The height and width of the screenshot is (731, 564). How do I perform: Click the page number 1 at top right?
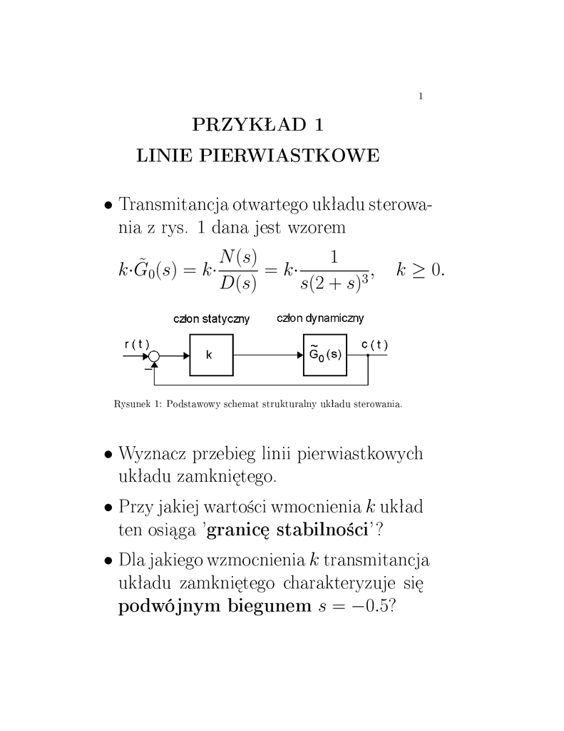click(421, 96)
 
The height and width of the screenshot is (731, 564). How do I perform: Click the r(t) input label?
click(136, 344)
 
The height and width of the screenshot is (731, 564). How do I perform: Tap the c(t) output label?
click(374, 344)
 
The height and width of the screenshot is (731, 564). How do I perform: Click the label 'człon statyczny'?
click(212, 319)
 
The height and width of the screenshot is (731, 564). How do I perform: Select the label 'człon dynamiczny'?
click(321, 318)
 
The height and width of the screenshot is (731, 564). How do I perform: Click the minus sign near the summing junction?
click(148, 369)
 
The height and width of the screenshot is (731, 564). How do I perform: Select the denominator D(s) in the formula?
click(239, 283)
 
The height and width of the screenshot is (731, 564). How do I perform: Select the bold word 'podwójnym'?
click(168, 607)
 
